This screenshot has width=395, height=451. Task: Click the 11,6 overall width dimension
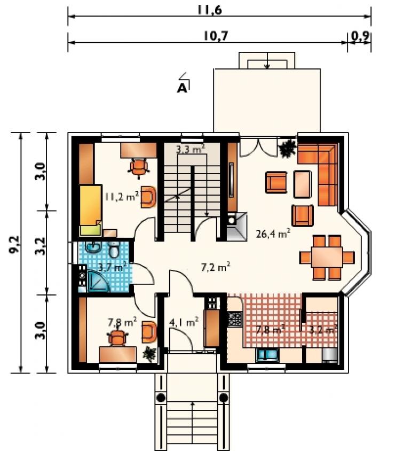click(209, 10)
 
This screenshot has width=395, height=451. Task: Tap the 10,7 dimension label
click(216, 36)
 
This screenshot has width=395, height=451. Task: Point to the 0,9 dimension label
click(360, 36)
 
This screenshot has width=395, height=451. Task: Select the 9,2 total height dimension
click(14, 245)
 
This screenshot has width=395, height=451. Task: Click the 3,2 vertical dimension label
click(41, 246)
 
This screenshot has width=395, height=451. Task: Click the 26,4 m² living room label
click(273, 234)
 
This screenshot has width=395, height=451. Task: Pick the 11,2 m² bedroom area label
click(122, 197)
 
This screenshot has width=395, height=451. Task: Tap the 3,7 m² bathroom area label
click(112, 267)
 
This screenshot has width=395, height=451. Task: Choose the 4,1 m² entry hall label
click(184, 322)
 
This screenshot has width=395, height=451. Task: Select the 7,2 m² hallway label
click(216, 267)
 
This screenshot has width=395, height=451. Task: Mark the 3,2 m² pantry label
click(322, 329)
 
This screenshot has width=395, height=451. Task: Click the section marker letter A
click(182, 88)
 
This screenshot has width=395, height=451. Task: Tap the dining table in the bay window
click(327, 257)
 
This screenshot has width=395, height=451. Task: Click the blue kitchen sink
click(267, 355)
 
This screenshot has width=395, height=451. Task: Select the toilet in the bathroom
click(114, 250)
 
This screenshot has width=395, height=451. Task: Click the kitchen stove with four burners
click(235, 319)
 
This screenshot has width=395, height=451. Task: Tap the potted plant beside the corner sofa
click(288, 148)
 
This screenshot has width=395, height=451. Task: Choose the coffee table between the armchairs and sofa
click(303, 184)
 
